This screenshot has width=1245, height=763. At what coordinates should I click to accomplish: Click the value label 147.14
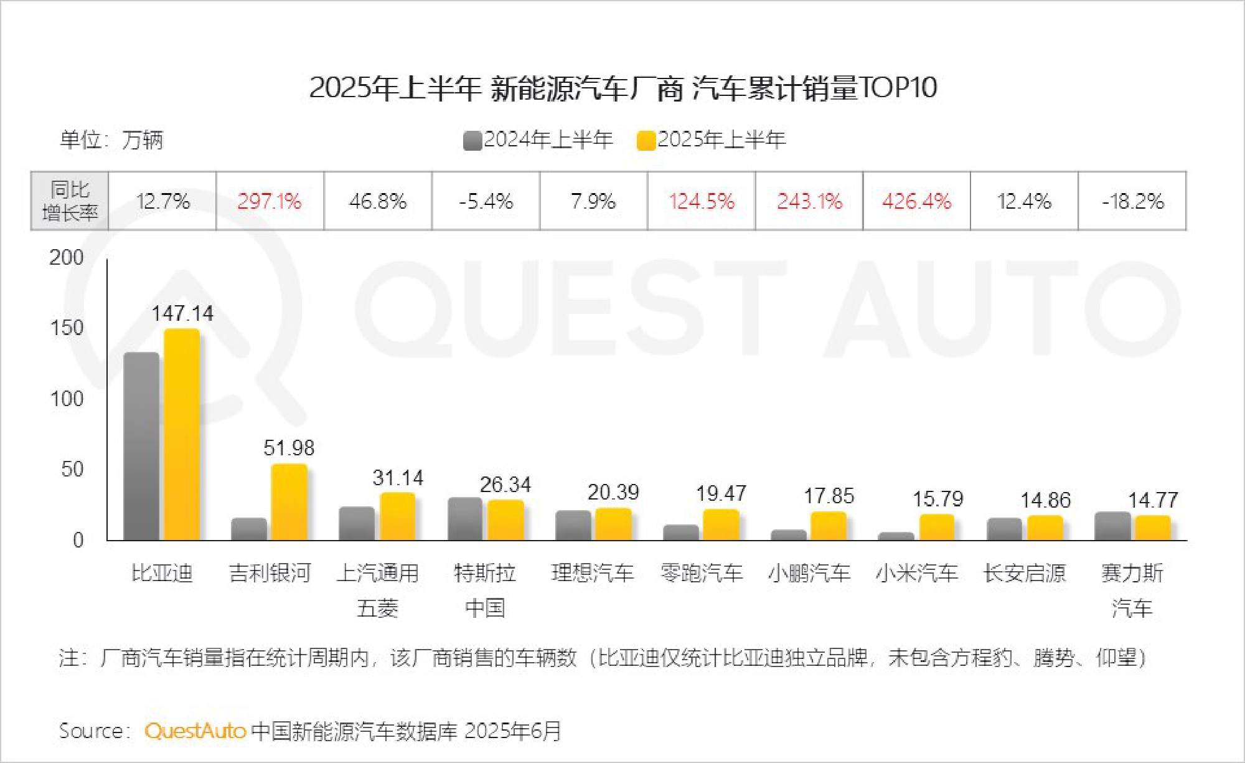tap(182, 313)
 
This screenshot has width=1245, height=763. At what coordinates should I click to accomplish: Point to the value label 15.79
tap(937, 499)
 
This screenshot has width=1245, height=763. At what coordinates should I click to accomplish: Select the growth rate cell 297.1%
tap(270, 201)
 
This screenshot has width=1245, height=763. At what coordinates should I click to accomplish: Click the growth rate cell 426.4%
tap(916, 201)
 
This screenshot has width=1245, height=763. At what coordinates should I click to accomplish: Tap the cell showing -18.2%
tap(1132, 201)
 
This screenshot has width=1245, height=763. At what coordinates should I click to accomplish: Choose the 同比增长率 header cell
tap(70, 201)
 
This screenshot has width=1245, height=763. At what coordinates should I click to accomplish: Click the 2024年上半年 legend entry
tap(538, 140)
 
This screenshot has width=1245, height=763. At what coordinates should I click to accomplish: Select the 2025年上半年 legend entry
tap(712, 140)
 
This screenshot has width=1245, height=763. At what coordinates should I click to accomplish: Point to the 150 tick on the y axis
tap(67, 328)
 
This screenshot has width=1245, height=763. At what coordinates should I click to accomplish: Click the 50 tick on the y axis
tap(72, 469)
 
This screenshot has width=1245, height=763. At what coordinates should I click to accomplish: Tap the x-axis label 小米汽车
tap(916, 572)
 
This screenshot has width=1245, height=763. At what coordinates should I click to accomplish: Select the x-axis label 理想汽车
tap(593, 572)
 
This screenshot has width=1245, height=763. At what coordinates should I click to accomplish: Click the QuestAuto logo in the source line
tap(195, 731)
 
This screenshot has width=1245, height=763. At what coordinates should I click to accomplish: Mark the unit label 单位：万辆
tap(111, 140)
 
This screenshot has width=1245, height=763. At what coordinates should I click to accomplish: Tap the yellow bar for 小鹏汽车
tap(829, 526)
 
